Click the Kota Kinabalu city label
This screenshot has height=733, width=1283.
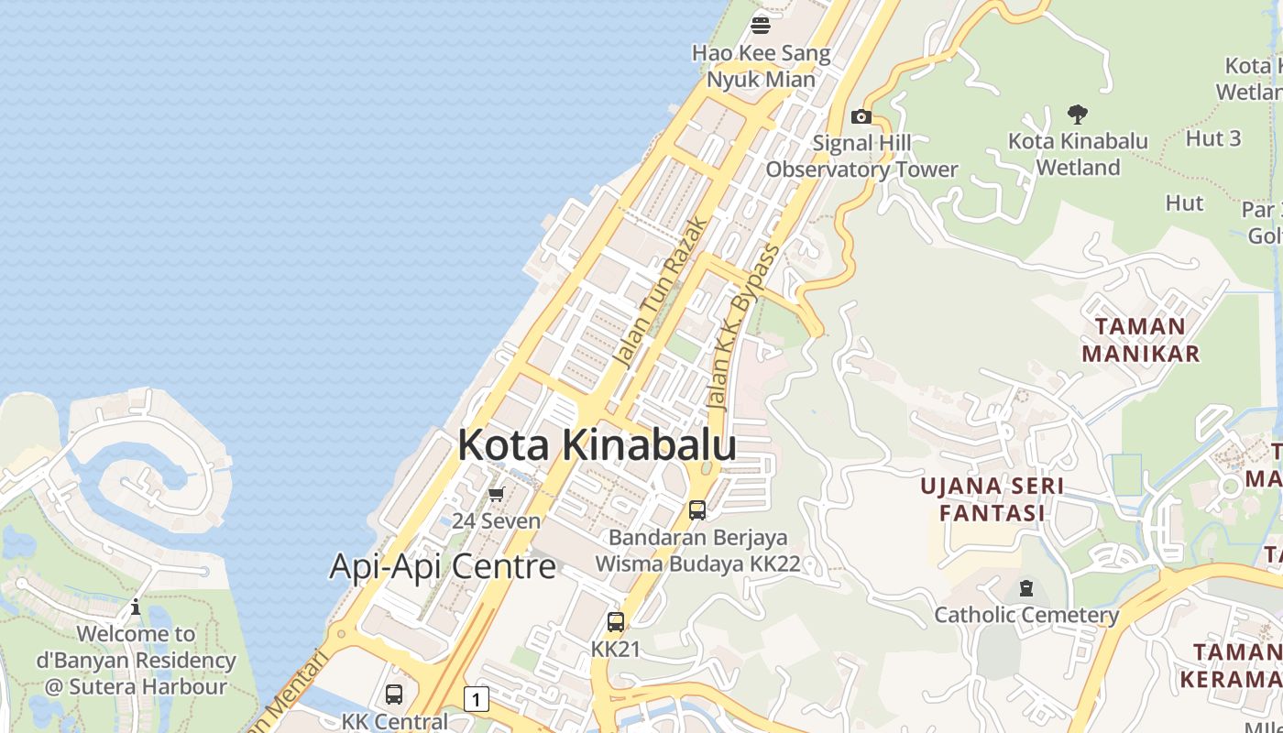pyautogui.click(x=597, y=445)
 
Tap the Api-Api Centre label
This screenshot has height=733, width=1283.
pyautogui.click(x=443, y=566)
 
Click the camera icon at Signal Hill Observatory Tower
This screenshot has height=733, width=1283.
pyautogui.click(x=861, y=116)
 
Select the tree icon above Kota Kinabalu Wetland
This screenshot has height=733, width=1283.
pyautogui.click(x=1078, y=115)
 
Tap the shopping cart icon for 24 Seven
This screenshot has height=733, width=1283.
pyautogui.click(x=496, y=495)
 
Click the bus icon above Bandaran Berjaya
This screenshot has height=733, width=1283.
pyautogui.click(x=697, y=510)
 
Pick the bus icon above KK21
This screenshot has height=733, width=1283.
pyautogui.click(x=616, y=622)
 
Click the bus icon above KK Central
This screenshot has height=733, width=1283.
pyautogui.click(x=394, y=695)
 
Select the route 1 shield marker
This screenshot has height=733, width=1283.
pyautogui.click(x=476, y=699)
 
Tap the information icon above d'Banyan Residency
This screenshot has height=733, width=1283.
pyautogui.click(x=136, y=607)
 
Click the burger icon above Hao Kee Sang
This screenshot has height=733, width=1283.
pyautogui.click(x=761, y=25)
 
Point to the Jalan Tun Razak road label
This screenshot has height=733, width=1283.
pyautogui.click(x=661, y=292)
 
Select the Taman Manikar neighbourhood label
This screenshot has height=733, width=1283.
pyautogui.click(x=1140, y=340)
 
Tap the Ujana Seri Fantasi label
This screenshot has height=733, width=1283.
pyautogui.click(x=992, y=498)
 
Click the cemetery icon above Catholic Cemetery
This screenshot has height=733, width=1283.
pyautogui.click(x=1026, y=588)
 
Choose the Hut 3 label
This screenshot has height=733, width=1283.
pyautogui.click(x=1213, y=138)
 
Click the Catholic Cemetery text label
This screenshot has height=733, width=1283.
pyautogui.click(x=1026, y=615)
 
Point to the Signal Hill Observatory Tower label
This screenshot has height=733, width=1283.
pyautogui.click(x=861, y=156)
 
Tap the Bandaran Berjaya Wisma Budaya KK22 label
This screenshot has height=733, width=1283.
pyautogui.click(x=697, y=551)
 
